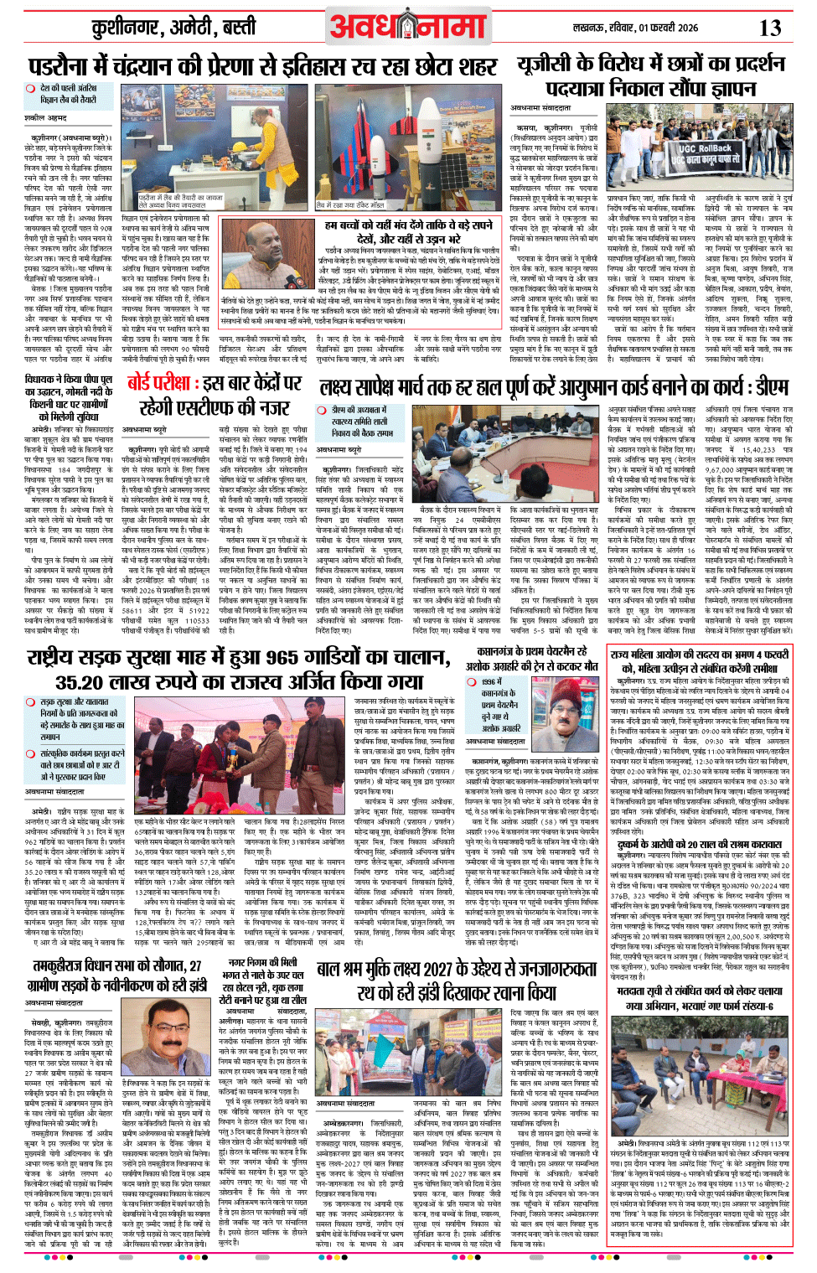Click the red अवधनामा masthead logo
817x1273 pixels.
pos(408,28)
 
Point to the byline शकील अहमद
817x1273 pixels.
pos(45,118)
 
